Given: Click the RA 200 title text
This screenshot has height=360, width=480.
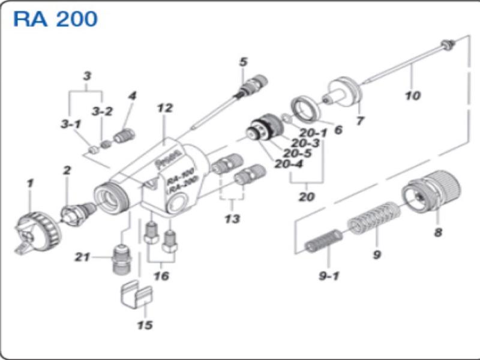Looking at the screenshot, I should pos(55,19).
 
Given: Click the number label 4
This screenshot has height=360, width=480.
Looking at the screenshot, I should pos(133,96).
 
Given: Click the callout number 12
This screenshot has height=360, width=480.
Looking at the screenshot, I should pos(164,109).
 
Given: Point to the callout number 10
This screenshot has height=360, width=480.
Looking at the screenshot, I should pos(413,95).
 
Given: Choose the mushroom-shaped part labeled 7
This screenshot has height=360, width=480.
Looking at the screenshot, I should pos(345,91).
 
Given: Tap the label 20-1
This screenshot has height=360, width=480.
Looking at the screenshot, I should pos(313,133).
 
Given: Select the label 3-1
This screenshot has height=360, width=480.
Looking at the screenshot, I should pos(70,124).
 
